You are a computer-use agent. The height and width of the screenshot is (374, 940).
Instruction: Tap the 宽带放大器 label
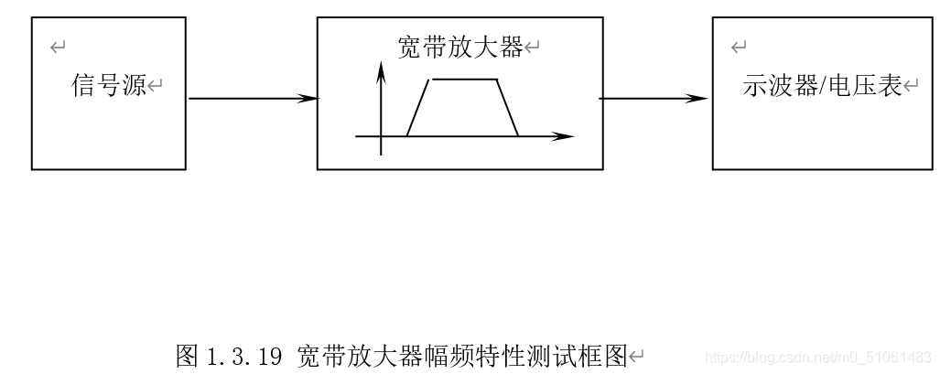(460, 48)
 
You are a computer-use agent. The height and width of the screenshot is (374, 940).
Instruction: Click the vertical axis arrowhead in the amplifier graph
(380, 71)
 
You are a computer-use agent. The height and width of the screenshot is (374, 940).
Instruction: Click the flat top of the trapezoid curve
(465, 80)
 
